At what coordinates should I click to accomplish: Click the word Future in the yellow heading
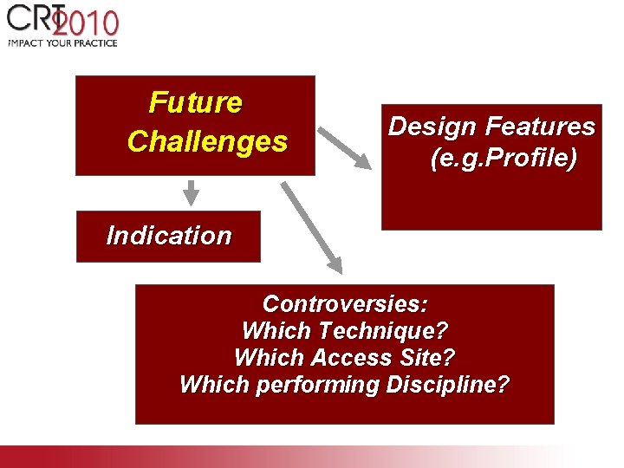point(195,102)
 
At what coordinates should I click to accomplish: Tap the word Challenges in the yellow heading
point(207,141)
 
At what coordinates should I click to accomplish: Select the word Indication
point(168,236)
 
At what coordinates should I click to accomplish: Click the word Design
point(432,127)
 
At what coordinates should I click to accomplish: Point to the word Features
point(540,127)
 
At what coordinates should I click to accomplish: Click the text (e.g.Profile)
point(503,159)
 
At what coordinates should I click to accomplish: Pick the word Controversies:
point(345,304)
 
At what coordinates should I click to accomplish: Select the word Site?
point(427,358)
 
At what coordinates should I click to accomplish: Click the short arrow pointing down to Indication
point(192,192)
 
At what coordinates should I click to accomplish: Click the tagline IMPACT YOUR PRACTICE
point(62,42)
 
